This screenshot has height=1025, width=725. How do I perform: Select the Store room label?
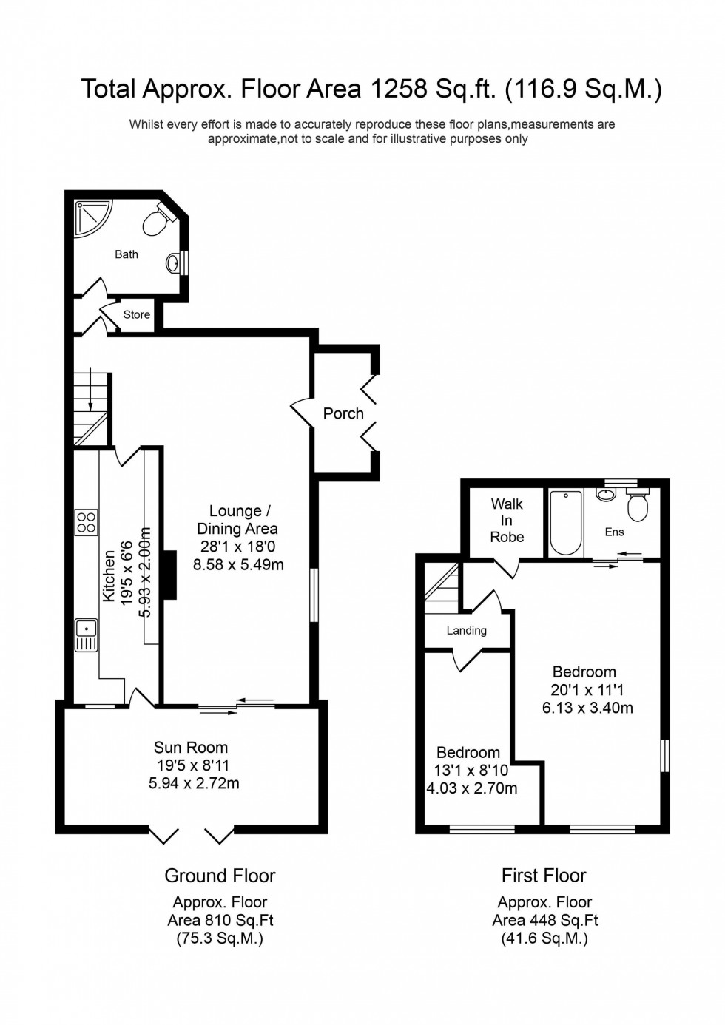point(137,314)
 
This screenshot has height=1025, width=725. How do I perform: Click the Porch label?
point(343,413)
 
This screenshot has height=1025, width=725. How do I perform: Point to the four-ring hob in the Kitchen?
point(86,522)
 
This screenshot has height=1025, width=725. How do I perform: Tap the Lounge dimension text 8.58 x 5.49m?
point(238,564)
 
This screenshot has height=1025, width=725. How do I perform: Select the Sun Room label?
point(191,747)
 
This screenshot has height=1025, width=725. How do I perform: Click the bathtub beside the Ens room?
point(566,523)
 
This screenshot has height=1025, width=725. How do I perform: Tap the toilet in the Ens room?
point(637,507)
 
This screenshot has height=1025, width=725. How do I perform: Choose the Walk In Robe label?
point(507,520)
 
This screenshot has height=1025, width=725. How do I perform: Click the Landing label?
point(466,631)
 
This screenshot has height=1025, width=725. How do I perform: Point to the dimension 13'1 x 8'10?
point(471,771)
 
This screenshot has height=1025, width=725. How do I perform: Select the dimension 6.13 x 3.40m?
point(587,708)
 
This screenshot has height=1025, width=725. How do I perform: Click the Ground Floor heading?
point(220,876)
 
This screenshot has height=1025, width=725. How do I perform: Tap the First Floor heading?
point(544,876)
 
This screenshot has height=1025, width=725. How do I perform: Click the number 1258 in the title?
point(399,89)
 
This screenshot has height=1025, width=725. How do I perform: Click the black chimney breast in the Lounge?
point(170,575)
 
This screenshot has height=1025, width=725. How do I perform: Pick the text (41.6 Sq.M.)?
point(544,938)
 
